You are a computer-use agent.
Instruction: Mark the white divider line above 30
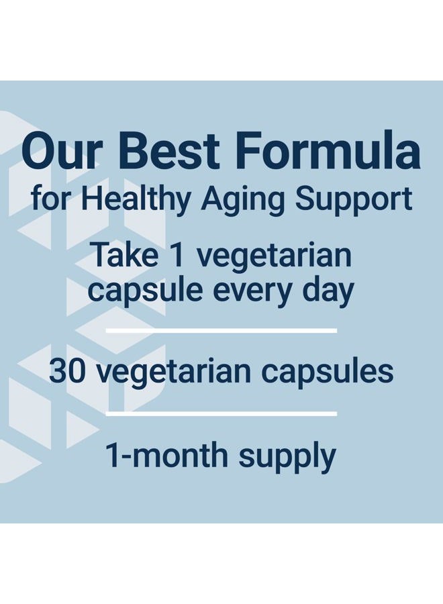click(222, 331)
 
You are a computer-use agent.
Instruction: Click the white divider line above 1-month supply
click(222, 413)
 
